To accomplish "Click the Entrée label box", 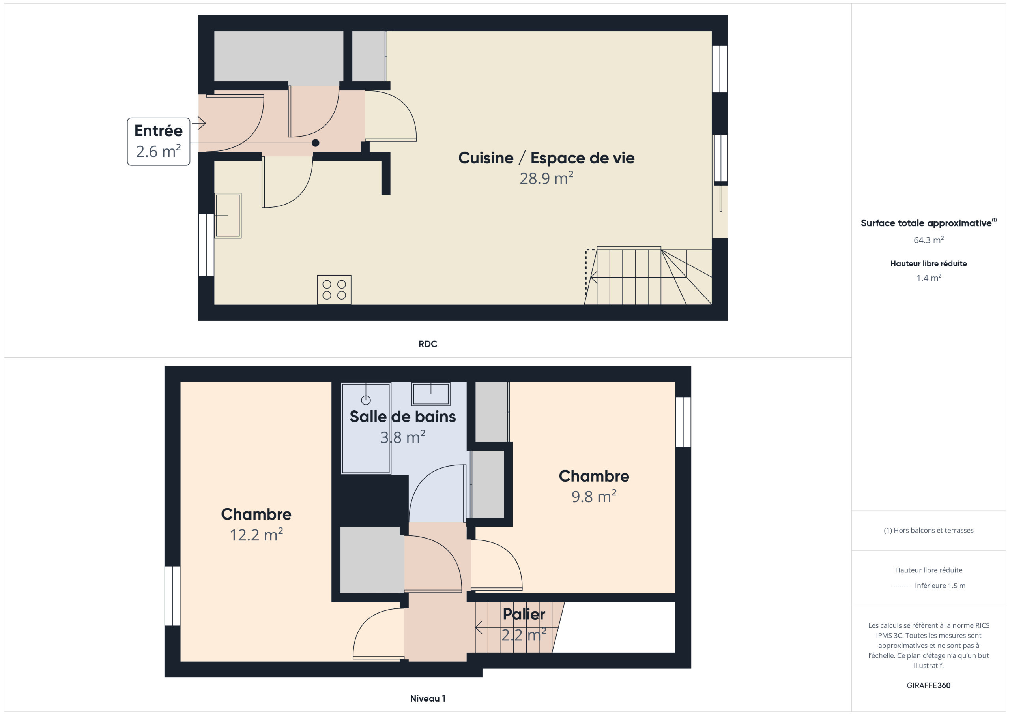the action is click(x=158, y=141).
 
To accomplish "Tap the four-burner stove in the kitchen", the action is click(x=334, y=290).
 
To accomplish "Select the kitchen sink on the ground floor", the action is click(x=228, y=216).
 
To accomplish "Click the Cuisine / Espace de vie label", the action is click(x=546, y=158).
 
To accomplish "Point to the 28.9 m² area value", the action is click(x=546, y=178).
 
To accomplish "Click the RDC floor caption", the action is click(x=428, y=344).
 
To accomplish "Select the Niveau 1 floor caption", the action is click(x=428, y=698).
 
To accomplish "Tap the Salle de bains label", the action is click(x=402, y=417).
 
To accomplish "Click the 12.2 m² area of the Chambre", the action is click(x=256, y=535).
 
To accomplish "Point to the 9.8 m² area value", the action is click(x=594, y=497).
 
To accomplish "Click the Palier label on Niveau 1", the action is click(x=524, y=614).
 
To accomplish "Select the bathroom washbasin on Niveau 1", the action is click(x=431, y=394).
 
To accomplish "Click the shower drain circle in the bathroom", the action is click(x=366, y=400).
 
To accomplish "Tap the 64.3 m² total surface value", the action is click(x=929, y=240).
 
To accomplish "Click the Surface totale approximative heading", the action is click(x=928, y=223).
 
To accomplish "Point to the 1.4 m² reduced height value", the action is click(x=929, y=278).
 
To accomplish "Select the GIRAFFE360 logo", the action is click(x=929, y=685).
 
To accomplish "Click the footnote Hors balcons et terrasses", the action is click(x=929, y=530).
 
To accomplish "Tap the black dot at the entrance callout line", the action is click(x=315, y=143).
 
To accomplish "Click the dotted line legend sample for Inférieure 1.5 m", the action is click(x=900, y=586).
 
